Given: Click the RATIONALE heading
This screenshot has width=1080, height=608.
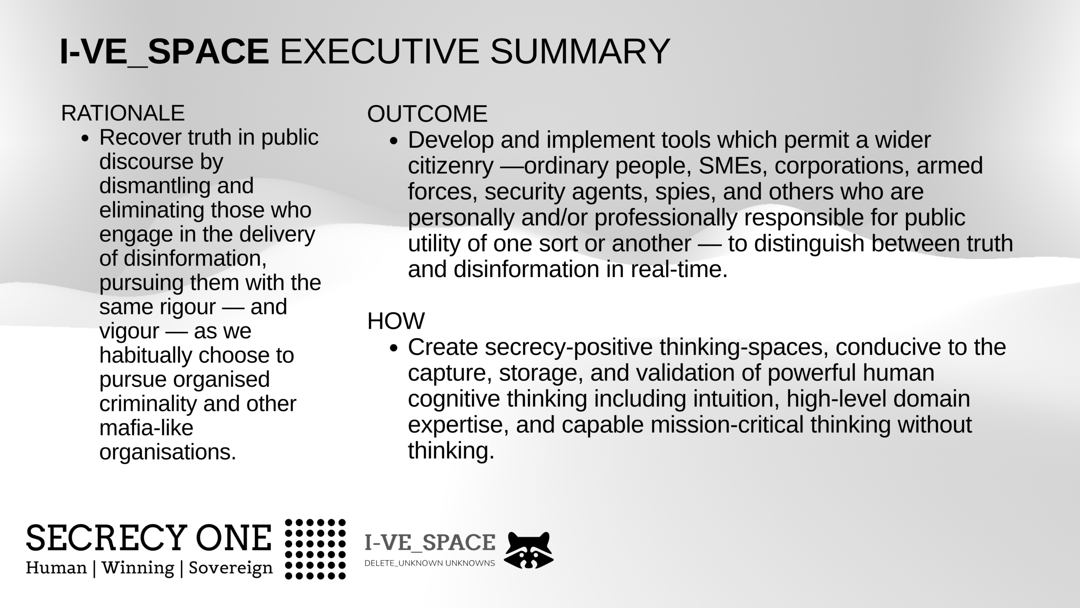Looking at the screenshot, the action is pos(123,113).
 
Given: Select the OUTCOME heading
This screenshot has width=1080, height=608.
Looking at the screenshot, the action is pos(427,114).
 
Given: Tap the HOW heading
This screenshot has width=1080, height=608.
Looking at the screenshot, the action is pos(396,321).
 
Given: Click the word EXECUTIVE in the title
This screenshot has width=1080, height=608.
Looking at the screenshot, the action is pos(379,52).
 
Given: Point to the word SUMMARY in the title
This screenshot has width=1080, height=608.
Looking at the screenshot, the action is pos(580,52).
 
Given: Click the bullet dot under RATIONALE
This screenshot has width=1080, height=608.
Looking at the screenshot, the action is pos(86,139).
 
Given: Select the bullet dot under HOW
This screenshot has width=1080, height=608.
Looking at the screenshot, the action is pos(394,348).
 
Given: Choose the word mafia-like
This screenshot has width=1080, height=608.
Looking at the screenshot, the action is pos(146,428).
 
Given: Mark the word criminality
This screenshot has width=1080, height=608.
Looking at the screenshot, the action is pos(148,404).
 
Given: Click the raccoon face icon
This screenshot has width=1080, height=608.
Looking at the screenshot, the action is pos(529,550).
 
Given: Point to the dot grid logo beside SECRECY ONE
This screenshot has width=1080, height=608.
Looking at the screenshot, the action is pos(316,549).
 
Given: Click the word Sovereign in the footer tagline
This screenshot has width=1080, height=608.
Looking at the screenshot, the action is pos(231,568).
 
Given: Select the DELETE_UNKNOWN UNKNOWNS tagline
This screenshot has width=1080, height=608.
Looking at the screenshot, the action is pos(429,563).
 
